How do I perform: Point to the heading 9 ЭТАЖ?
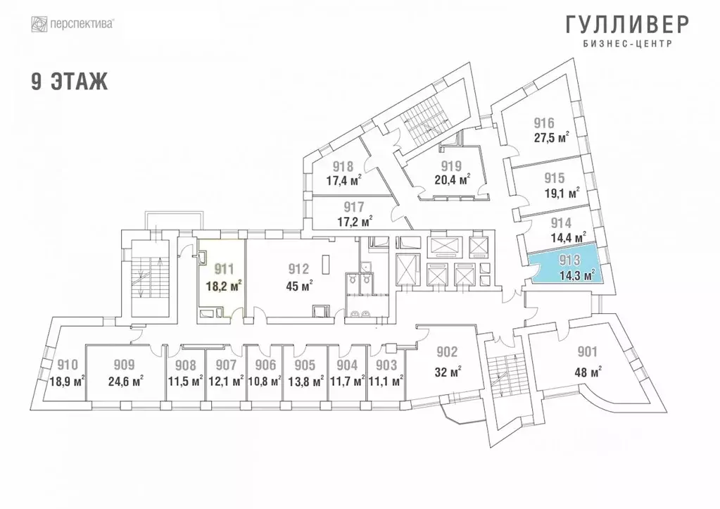point(69,82)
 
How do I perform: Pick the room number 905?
point(305,365)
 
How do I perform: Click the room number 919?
point(450,167)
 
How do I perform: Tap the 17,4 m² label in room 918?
point(344,181)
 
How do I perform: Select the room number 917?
point(354,208)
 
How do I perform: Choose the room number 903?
point(387,365)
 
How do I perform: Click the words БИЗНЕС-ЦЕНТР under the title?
point(628,44)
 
